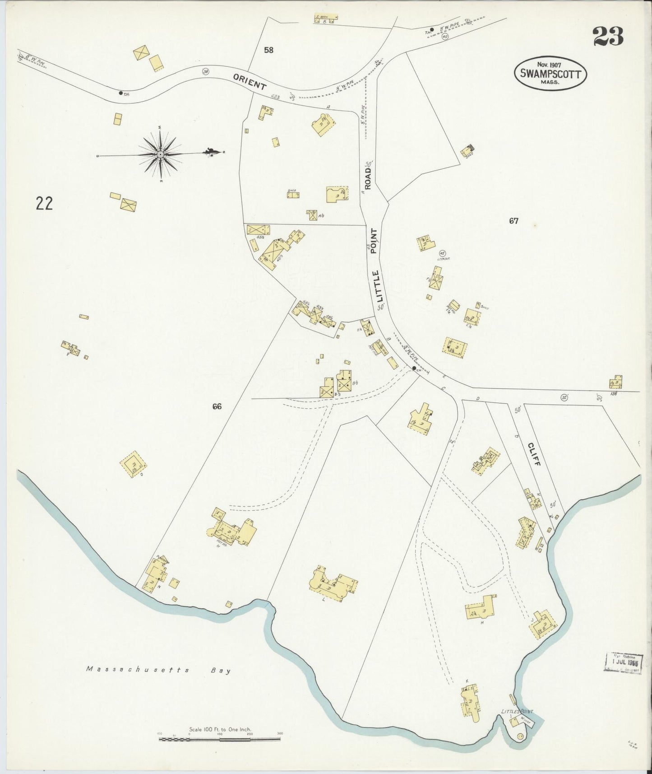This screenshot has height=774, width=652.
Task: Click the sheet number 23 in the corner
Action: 608,37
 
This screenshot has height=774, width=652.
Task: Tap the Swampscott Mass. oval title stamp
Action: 550,74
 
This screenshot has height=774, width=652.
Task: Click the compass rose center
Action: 160,154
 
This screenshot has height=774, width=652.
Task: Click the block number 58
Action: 268,50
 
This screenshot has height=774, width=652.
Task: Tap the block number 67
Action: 513,221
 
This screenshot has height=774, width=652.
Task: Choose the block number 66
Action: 217,406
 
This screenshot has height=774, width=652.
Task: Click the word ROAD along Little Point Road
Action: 368,178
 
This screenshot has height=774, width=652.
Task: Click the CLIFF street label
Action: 534,455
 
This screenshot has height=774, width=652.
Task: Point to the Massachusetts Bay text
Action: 158,670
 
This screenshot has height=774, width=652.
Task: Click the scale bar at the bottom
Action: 220,739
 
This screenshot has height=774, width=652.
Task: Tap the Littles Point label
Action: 517,712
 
